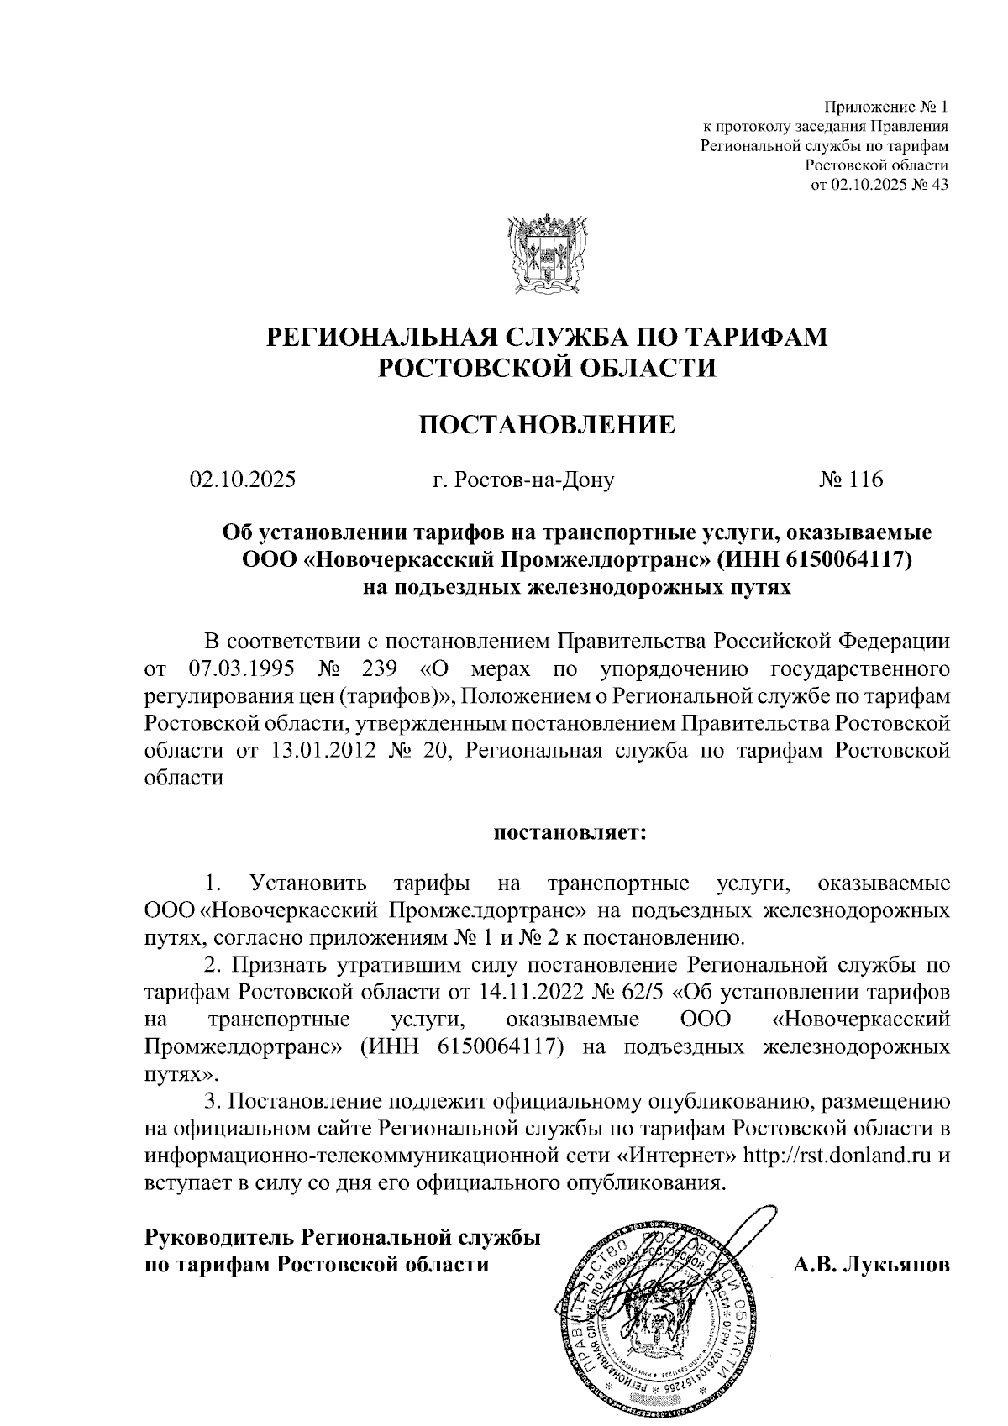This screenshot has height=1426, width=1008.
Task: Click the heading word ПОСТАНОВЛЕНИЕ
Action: tap(547, 424)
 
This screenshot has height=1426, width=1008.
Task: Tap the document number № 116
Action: tap(852, 480)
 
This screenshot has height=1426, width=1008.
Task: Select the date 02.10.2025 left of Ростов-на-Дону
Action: tap(243, 480)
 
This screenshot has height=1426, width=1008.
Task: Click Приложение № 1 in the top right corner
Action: tap(886, 107)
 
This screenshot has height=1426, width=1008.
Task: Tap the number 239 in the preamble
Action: tap(382, 669)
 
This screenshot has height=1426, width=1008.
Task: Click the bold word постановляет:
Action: tap(569, 833)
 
